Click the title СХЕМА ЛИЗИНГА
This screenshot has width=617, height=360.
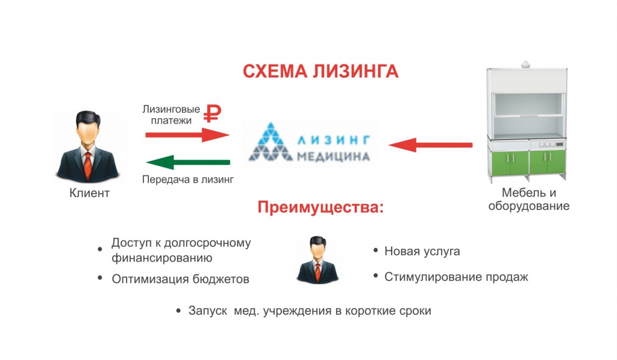point(321,72)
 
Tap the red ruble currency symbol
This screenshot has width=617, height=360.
point(213,114)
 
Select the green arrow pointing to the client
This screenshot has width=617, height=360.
point(188,162)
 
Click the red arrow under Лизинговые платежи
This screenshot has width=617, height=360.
point(187,134)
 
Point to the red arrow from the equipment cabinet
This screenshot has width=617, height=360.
point(430,145)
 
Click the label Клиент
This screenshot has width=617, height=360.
point(89,193)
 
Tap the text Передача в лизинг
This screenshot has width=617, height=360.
point(188,180)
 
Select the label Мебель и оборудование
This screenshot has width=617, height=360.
point(529,200)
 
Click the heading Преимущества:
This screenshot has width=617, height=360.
point(321,207)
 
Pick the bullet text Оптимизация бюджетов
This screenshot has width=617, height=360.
point(181,279)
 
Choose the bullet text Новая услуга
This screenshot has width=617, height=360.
point(422,251)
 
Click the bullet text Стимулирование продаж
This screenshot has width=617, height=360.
point(456,277)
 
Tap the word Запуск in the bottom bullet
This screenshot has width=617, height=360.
point(208,311)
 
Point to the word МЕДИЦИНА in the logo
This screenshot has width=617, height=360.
point(333,157)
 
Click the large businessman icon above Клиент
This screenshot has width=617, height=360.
point(88,147)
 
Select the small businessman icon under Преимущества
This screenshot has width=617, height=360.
point(318,259)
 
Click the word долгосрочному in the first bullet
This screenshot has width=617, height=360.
point(207,243)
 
